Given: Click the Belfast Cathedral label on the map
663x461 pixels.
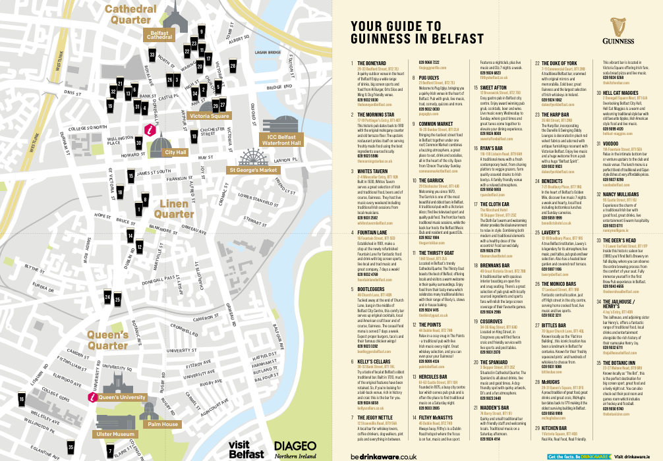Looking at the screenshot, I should pyautogui.click(x=159, y=36).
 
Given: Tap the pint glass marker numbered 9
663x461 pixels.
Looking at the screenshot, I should pyautogui.click(x=201, y=31).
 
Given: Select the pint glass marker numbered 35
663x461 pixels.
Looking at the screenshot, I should pyautogui.click(x=71, y=447).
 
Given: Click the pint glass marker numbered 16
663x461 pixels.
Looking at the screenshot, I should pyautogui.click(x=22, y=399).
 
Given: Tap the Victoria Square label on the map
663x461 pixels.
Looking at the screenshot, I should pyautogui.click(x=209, y=116).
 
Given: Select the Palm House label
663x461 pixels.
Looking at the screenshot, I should pyautogui.click(x=163, y=424).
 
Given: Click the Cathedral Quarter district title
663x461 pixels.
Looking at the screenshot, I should pyautogui.click(x=130, y=14).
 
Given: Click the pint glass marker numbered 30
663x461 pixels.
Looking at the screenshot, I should pyautogui.click(x=138, y=142).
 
